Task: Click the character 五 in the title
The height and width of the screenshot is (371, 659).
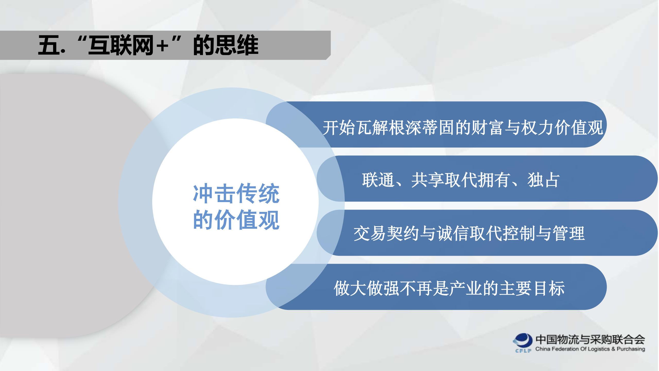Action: tap(49, 45)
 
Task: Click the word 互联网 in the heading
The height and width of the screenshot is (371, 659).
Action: tap(121, 45)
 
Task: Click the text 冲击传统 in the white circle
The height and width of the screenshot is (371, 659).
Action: tap(236, 194)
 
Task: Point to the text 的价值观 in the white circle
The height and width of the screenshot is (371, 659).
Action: tap(236, 220)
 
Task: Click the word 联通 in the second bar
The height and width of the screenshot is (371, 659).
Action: tap(378, 180)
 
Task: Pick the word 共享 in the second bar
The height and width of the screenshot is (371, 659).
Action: tap(427, 180)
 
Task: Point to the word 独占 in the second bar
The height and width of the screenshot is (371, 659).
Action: tap(543, 180)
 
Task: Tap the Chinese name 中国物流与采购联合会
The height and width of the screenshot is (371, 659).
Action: tap(590, 340)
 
